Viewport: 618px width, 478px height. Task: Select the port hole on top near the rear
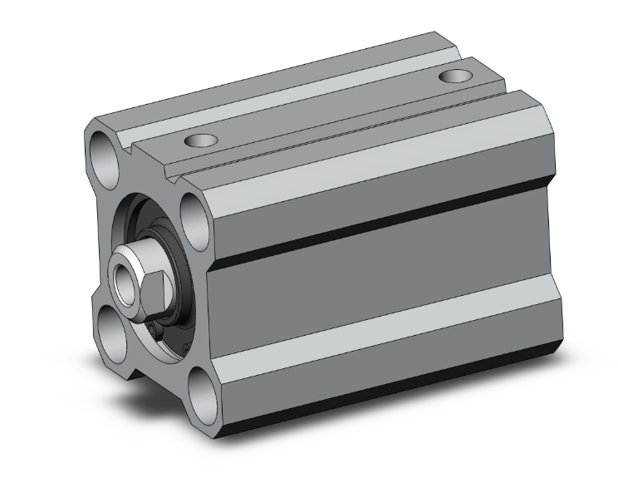point(454,77)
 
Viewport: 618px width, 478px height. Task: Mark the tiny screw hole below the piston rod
point(159,333)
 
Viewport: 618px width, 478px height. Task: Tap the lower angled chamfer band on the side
point(382,353)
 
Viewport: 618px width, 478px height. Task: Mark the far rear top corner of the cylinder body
point(436,35)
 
